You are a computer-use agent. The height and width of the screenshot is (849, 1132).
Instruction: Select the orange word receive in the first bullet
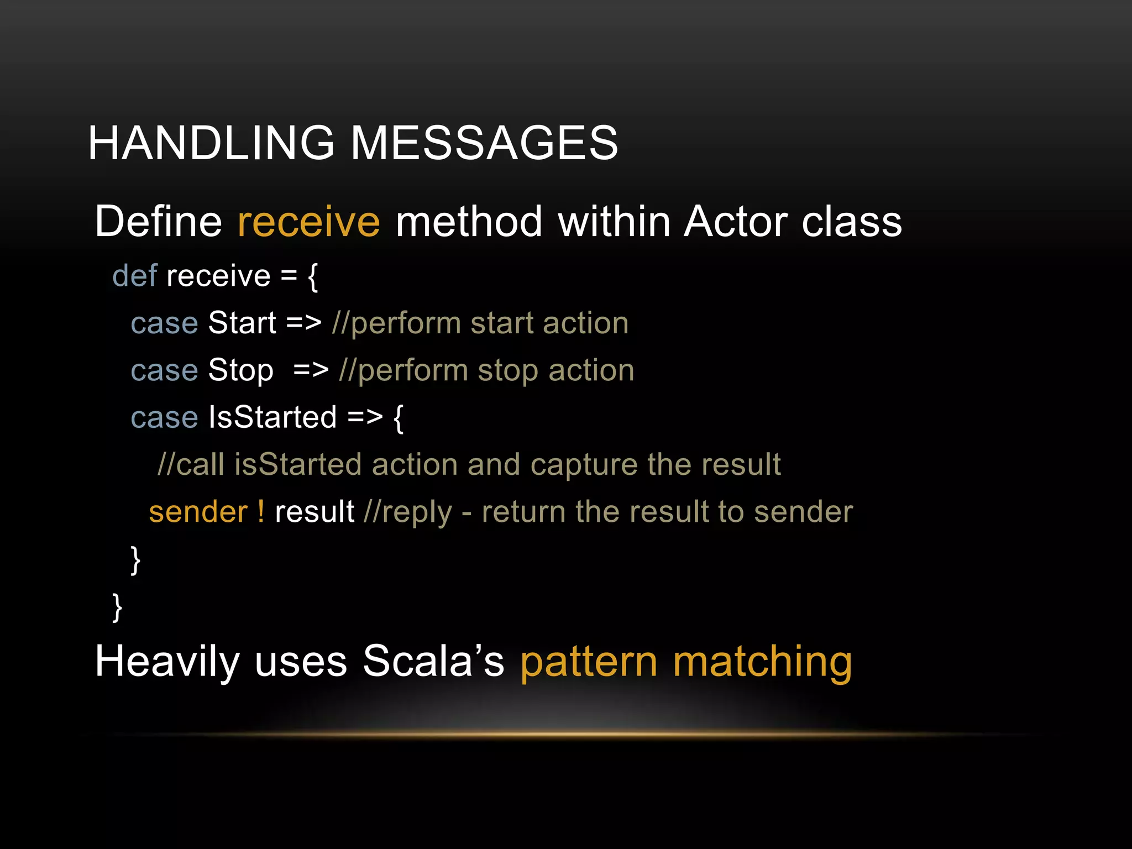308,222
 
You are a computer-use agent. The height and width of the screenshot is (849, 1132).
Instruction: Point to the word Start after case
242,323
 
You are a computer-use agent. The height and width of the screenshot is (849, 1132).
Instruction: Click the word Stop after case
240,370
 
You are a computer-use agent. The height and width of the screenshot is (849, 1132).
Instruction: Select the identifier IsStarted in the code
272,417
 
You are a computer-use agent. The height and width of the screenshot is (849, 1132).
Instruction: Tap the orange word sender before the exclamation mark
198,512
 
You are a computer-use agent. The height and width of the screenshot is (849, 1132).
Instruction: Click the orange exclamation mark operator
261,512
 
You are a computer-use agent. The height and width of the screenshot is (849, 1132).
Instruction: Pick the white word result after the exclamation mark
314,512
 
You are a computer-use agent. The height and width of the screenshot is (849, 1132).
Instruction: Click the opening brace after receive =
313,276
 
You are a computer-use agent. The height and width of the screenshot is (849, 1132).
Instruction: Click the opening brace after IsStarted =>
398,418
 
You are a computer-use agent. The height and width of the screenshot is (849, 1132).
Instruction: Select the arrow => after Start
303,323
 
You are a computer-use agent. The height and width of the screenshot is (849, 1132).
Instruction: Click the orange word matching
762,662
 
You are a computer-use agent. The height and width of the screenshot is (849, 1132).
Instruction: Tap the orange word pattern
589,662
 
